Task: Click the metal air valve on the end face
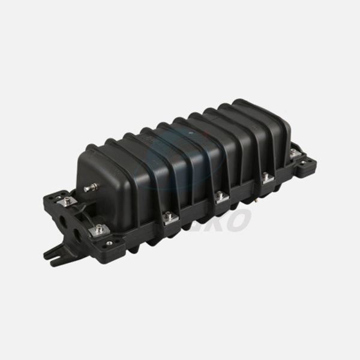point(90,188)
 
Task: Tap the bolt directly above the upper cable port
point(67,200)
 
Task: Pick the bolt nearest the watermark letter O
point(221,197)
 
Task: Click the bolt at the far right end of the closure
point(294,154)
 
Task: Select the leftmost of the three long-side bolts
point(170,217)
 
